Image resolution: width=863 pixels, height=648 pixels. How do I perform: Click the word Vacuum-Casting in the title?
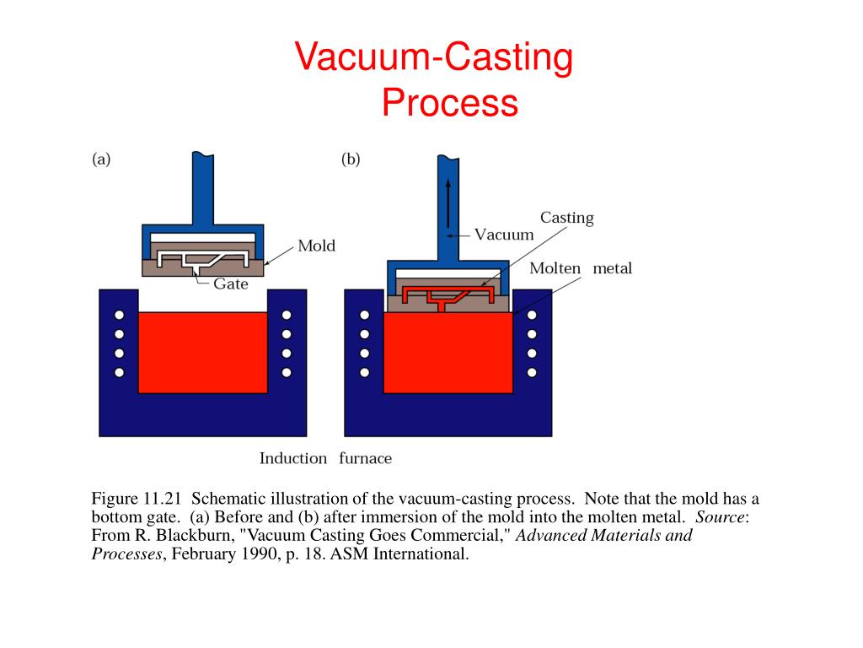(x=433, y=58)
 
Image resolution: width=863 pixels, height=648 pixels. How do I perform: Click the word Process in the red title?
(x=448, y=103)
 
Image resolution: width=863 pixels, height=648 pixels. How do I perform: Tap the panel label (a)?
(x=101, y=159)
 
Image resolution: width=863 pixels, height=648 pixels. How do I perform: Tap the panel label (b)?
(x=351, y=159)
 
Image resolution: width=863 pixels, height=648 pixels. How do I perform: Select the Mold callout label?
(x=316, y=246)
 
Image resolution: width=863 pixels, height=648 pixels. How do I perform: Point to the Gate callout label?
(x=230, y=284)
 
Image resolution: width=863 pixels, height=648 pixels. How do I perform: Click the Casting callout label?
(x=566, y=218)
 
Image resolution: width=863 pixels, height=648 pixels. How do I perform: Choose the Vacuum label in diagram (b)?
(x=504, y=235)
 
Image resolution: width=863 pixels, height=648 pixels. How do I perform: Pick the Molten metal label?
(x=580, y=268)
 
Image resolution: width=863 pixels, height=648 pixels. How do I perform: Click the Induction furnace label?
(x=324, y=459)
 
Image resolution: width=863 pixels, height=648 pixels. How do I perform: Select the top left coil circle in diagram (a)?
(x=119, y=315)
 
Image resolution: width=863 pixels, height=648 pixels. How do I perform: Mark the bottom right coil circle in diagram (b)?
(x=532, y=372)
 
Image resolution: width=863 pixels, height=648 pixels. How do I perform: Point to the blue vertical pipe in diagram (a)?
(x=202, y=190)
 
